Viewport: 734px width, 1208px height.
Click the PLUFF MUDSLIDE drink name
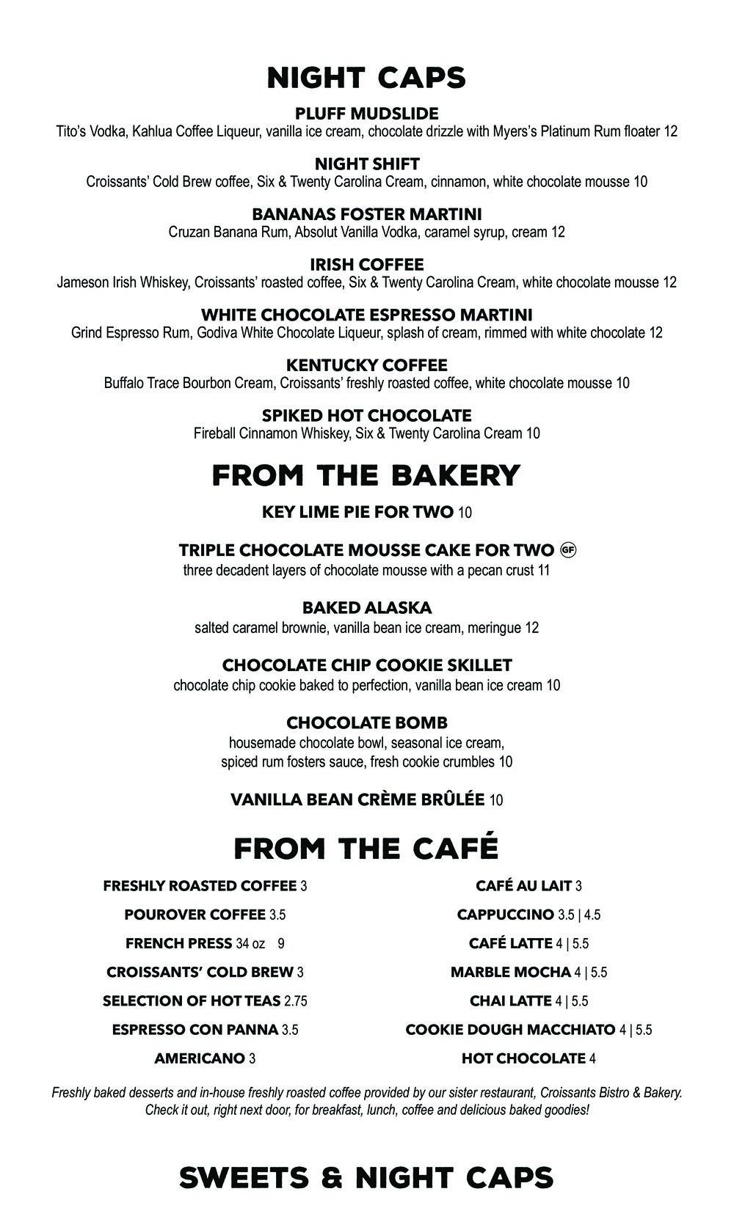366,114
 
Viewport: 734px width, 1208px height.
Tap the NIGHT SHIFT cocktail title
367,164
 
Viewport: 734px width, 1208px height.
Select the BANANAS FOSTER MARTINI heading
367,214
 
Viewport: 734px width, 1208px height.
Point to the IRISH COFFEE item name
367,264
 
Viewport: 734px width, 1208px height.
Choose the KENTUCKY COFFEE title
366,365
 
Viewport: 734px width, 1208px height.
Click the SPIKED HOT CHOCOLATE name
367,415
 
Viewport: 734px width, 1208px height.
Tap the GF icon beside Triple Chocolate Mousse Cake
567,549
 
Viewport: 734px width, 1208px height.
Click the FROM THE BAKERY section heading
366,475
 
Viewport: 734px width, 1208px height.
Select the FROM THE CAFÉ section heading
366,848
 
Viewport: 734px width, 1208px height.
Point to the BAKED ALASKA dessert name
367,608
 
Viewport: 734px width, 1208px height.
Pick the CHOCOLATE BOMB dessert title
367,723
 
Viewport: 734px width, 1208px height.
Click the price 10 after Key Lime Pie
465,513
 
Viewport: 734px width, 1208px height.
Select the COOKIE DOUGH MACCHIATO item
510,1030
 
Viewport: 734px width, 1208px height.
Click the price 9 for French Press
280,944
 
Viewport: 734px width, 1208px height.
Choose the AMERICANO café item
199,1058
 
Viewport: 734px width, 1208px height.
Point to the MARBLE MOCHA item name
510,973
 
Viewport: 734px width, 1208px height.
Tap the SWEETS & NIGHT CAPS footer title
366,1177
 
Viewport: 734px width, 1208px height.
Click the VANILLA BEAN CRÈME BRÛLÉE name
357,799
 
